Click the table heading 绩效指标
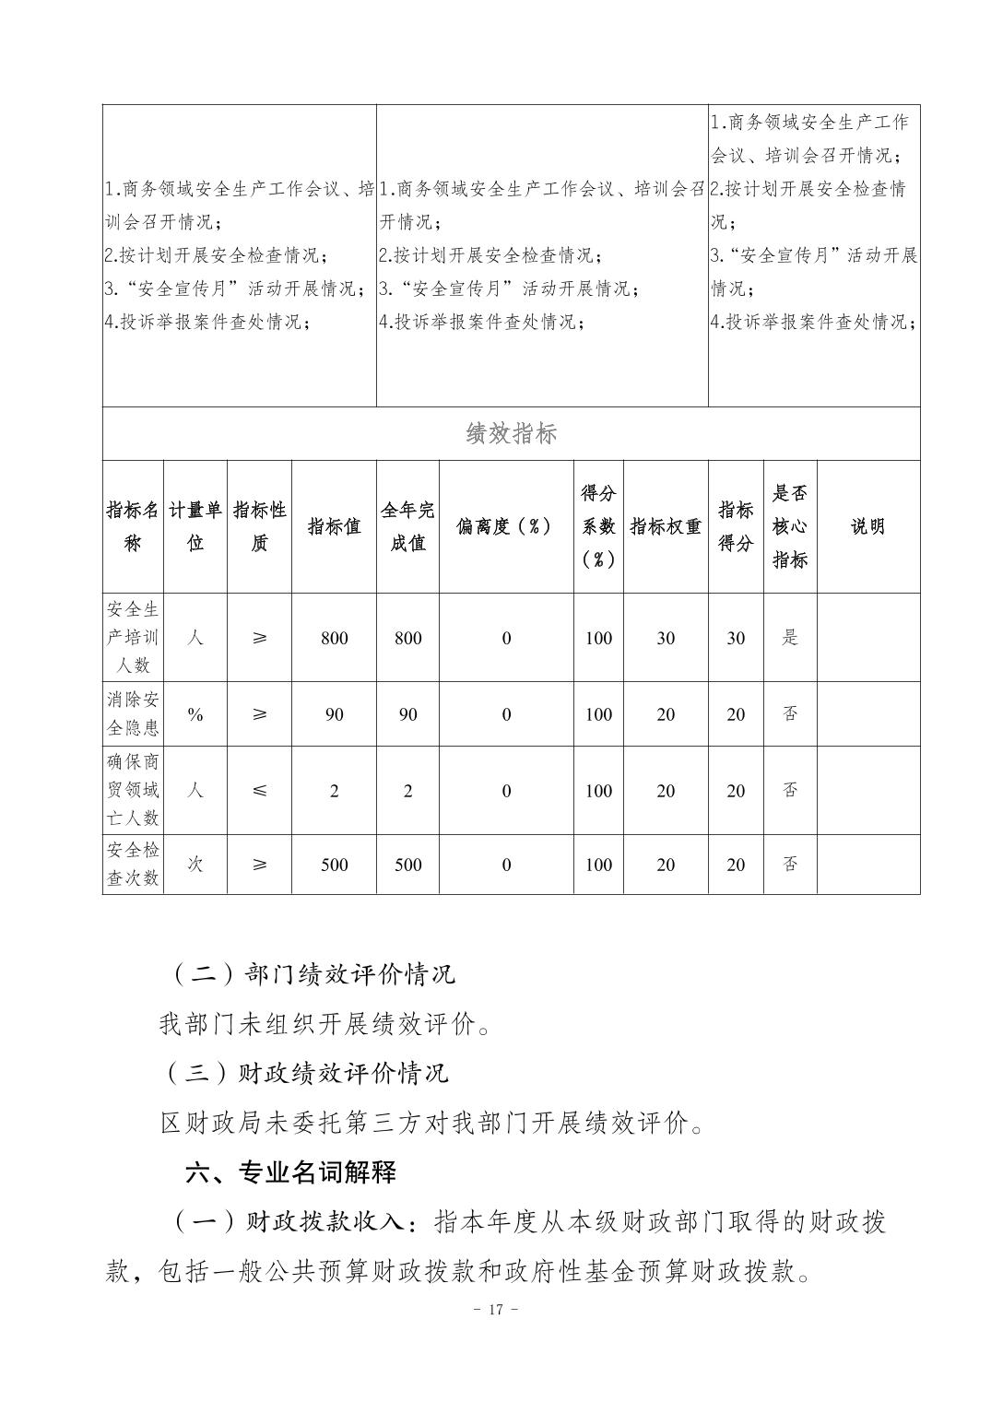tap(511, 433)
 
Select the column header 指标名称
tap(133, 526)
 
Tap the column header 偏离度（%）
tap(505, 526)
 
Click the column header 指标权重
tap(666, 526)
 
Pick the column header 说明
tap(867, 526)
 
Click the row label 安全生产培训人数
tap(133, 637)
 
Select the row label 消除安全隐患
tap(133, 713)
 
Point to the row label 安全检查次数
tap(133, 864)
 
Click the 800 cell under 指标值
tap(334, 638)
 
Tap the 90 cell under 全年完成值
tap(407, 714)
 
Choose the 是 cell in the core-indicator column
tap(790, 637)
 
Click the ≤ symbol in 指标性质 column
tap(259, 790)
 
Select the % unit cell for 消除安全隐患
tap(195, 714)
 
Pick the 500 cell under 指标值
tap(334, 865)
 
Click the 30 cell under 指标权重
tap(666, 638)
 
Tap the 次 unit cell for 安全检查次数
tap(195, 864)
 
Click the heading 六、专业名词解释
tap(290, 1172)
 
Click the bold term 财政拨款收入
tap(324, 1222)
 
